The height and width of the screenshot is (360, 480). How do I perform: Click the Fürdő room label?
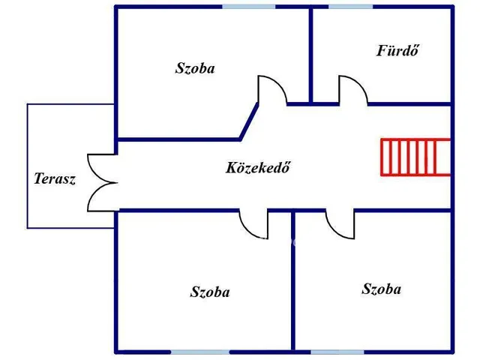(x=397, y=51)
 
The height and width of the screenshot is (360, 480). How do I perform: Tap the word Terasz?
(x=55, y=179)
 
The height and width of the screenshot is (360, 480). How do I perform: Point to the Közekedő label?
(x=257, y=167)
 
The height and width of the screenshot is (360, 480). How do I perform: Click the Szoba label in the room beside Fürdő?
(x=195, y=68)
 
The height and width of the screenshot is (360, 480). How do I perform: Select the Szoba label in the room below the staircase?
(x=381, y=289)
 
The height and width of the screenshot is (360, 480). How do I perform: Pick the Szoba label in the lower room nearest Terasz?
(x=210, y=292)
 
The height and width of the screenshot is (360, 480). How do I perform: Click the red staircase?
(x=415, y=157)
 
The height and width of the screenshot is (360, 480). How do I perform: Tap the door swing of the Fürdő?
(x=351, y=89)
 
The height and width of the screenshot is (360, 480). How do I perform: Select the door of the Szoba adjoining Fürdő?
(x=271, y=90)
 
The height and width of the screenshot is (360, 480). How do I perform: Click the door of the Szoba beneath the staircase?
(x=340, y=223)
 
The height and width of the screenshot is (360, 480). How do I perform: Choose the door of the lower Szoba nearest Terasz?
(x=253, y=223)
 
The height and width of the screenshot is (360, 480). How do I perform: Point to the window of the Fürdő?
(x=350, y=7)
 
